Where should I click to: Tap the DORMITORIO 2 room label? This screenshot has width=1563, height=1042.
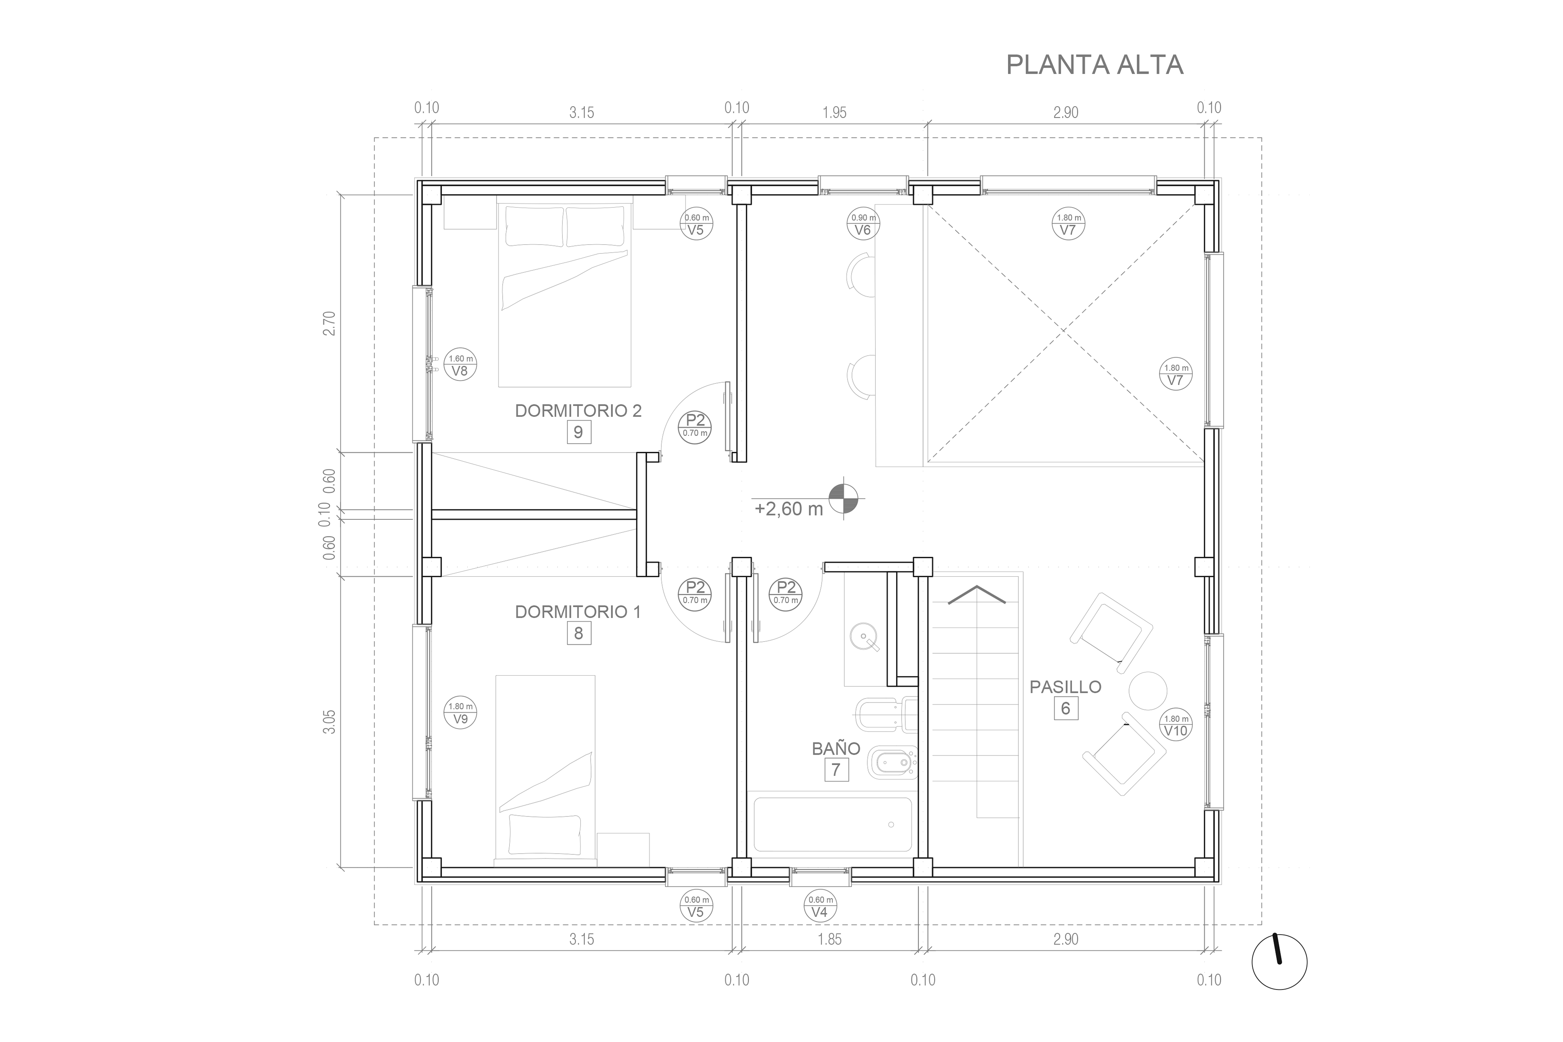tap(578, 411)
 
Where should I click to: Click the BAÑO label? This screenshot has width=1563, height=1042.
tap(836, 748)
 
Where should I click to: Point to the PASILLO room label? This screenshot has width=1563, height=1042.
tap(1065, 687)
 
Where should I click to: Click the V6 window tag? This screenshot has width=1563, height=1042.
tap(862, 224)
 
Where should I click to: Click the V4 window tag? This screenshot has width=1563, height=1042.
tap(820, 906)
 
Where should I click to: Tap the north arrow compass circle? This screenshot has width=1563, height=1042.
tap(1279, 961)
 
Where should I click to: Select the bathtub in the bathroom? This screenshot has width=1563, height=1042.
tap(833, 825)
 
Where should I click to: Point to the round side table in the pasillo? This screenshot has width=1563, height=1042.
tap(1148, 690)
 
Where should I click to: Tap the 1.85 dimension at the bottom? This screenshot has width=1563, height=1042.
tap(830, 939)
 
